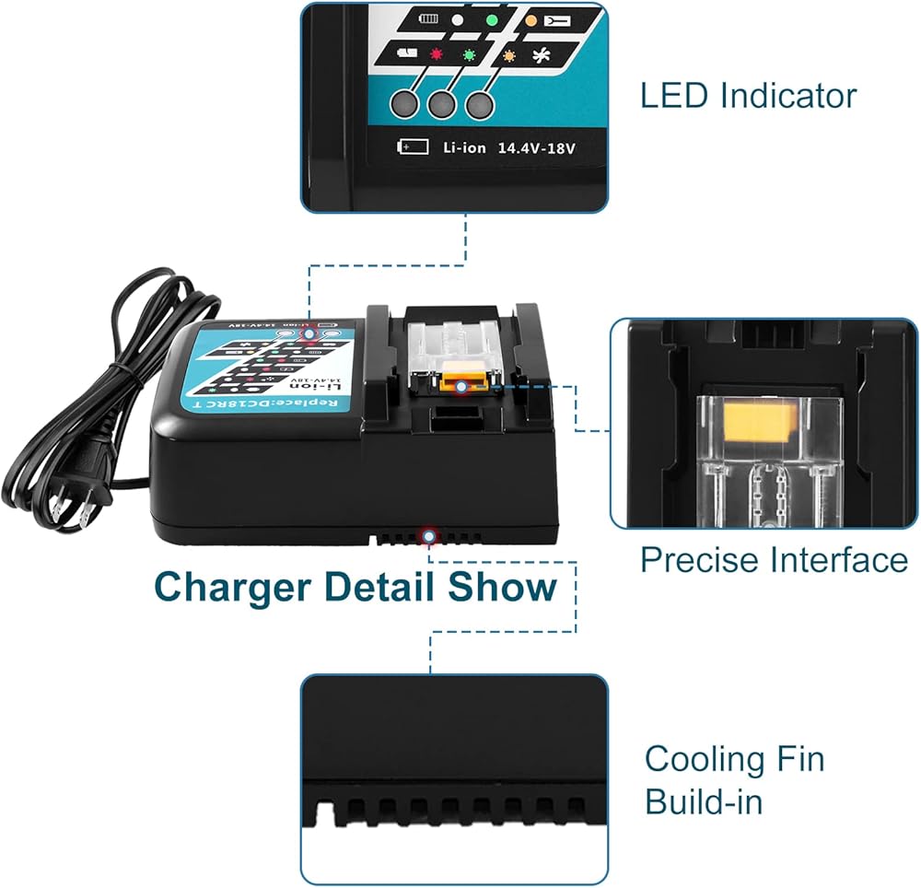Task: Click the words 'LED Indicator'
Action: [748, 96]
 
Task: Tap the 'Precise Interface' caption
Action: [774, 560]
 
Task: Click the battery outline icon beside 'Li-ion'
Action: [413, 146]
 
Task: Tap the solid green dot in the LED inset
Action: [491, 18]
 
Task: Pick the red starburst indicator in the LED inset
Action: [437, 53]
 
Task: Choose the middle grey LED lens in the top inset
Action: [439, 104]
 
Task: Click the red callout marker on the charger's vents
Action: [427, 535]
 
